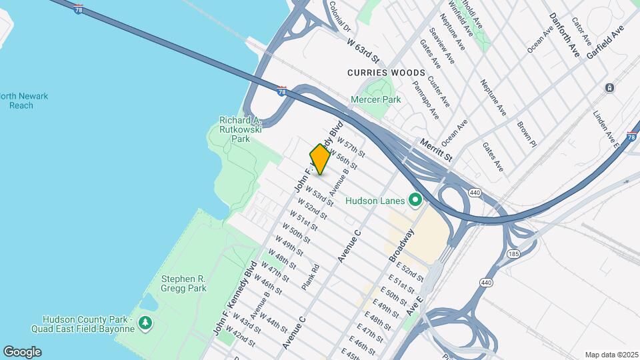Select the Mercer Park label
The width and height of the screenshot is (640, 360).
pyautogui.click(x=376, y=99)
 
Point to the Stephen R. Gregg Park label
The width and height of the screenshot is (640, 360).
pyautogui.click(x=183, y=283)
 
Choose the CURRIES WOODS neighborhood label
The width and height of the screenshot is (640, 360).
pyautogui.click(x=386, y=72)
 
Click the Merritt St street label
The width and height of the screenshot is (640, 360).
pyautogui.click(x=436, y=149)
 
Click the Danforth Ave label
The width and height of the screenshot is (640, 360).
pyautogui.click(x=565, y=34)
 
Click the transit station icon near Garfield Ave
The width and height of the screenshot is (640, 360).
pyautogui.click(x=609, y=88)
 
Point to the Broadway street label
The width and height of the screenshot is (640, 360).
pyautogui.click(x=401, y=245)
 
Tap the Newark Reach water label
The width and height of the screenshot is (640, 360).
pyautogui.click(x=24, y=101)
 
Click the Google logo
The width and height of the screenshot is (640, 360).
pyautogui.click(x=22, y=352)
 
